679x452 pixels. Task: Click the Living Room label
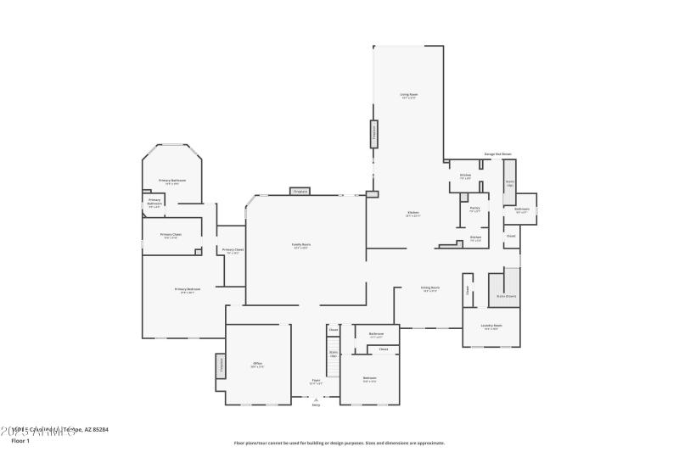point(409,94)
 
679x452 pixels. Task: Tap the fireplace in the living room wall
point(373,133)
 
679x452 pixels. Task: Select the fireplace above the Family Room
point(300,192)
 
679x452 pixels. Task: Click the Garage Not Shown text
point(498,154)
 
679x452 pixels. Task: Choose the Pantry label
point(475,208)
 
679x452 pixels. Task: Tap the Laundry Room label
point(492,326)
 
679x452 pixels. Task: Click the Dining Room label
point(430,287)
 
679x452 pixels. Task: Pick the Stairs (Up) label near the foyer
point(334,353)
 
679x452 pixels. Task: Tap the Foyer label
point(316,381)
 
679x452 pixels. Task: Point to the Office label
point(257,365)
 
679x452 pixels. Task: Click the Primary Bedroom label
point(188,289)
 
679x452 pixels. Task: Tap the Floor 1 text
point(20,441)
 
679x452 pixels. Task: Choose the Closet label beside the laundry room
point(466,289)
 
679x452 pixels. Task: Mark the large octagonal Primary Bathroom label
point(172,181)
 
